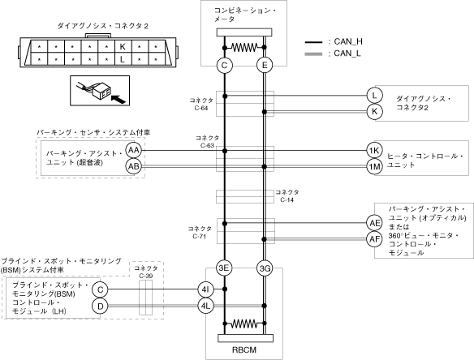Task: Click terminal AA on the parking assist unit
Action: click(x=134, y=150)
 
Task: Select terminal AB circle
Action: click(x=134, y=166)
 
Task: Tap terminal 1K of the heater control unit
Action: click(x=374, y=150)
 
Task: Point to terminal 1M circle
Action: click(x=374, y=166)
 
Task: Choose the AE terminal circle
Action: click(x=374, y=223)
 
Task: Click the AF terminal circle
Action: click(x=374, y=239)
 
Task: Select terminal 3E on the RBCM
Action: click(x=224, y=268)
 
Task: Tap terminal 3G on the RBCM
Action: click(x=265, y=268)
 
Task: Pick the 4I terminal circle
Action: click(x=205, y=289)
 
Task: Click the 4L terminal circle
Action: click(x=205, y=306)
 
